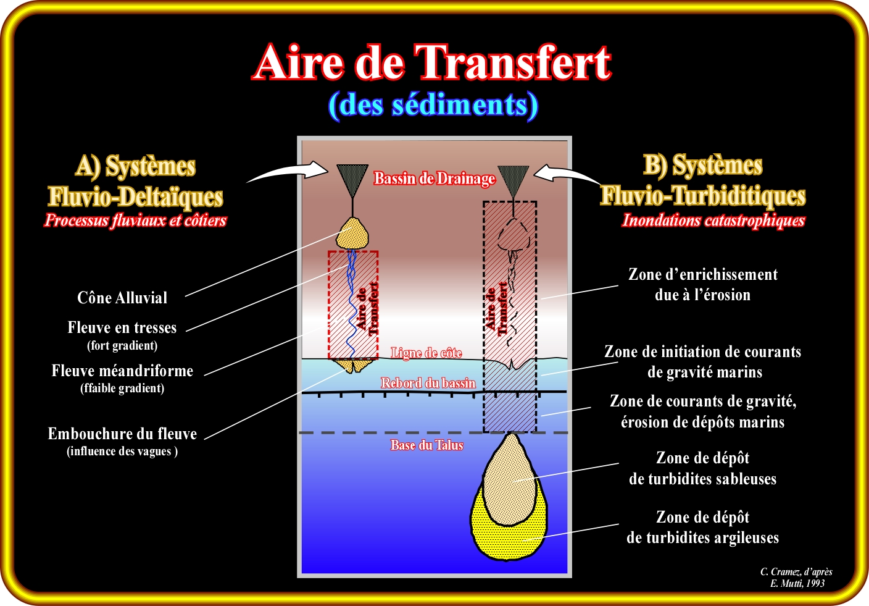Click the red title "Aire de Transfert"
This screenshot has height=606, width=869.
432,62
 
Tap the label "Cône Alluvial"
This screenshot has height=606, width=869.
122,298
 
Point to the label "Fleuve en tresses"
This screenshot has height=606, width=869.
122,327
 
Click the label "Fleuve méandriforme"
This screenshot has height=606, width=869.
122,371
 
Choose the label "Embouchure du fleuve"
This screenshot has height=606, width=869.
122,434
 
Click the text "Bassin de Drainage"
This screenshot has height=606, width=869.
434,179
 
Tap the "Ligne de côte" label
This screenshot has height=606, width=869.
426,353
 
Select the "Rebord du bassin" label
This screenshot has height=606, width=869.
428,383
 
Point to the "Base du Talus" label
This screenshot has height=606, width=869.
426,445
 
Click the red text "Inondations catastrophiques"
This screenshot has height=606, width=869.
713,221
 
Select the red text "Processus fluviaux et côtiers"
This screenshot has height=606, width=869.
135,221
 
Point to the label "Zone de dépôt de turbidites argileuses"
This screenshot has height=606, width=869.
702,528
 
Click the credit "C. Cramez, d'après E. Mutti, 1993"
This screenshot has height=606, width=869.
796,578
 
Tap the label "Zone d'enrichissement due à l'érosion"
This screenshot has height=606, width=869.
702,285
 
